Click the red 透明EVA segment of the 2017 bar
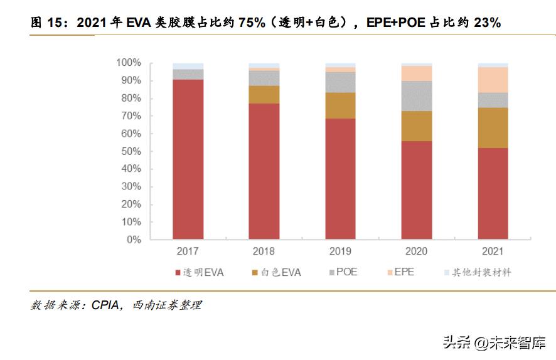pyautogui.click(x=188, y=159)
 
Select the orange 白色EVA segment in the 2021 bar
pyautogui.click(x=493, y=127)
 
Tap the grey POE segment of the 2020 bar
pyautogui.click(x=417, y=96)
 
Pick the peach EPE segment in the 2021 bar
pyautogui.click(x=493, y=80)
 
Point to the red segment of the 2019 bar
pyautogui.click(x=340, y=179)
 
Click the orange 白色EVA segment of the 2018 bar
pyautogui.click(x=264, y=95)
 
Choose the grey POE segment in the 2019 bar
pyautogui.click(x=340, y=82)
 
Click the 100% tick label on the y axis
pyautogui.click(x=128, y=63)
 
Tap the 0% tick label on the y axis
pyautogui.click(x=134, y=240)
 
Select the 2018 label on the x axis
pyautogui.click(x=264, y=251)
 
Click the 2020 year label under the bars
pyautogui.click(x=417, y=251)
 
